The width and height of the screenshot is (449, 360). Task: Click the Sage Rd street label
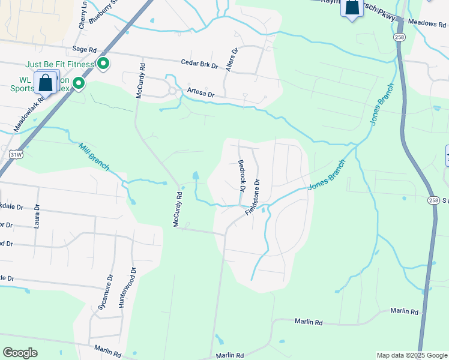click(x=84, y=50)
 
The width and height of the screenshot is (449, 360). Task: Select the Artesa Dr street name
click(x=200, y=91)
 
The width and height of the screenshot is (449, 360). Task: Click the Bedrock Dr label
click(x=242, y=175)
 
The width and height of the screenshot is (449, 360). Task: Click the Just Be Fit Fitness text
click(x=59, y=64)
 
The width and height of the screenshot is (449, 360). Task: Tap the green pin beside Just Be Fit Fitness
click(x=103, y=63)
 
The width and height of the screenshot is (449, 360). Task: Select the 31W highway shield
click(x=17, y=155)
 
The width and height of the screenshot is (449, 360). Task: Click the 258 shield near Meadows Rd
click(x=400, y=37)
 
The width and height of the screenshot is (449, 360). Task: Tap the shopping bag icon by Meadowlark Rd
click(x=45, y=83)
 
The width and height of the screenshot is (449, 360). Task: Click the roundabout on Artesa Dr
click(x=172, y=91)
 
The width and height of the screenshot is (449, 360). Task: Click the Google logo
click(x=20, y=353)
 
